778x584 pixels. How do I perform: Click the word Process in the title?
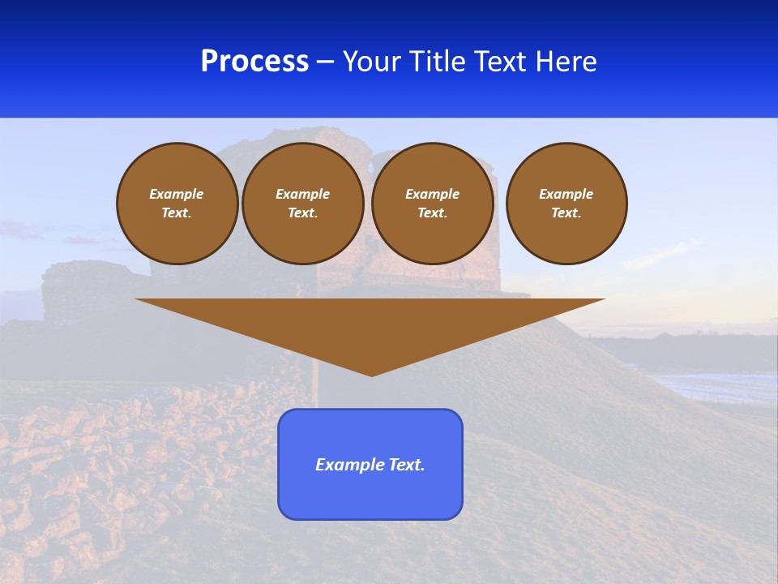point(254,62)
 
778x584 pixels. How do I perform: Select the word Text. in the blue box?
point(405,465)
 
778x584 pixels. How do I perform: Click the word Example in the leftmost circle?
point(177,194)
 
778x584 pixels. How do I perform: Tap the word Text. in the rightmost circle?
point(566,213)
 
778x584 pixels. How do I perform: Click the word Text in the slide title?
point(500,62)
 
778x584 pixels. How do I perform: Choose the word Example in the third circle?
point(433,194)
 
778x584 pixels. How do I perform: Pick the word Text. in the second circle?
point(303,213)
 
